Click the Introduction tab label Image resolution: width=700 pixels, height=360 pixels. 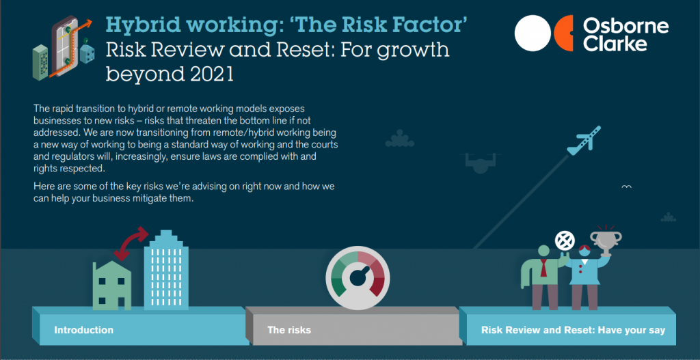[x=83, y=331]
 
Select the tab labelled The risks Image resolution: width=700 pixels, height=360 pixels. [x=289, y=331]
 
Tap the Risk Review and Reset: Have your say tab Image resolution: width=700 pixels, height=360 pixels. [x=573, y=331]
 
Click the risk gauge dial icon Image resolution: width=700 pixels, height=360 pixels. [x=358, y=277]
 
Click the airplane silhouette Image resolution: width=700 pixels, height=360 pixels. [x=584, y=140]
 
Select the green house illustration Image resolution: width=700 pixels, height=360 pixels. [x=112, y=286]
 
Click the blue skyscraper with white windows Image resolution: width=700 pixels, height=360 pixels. [x=165, y=270]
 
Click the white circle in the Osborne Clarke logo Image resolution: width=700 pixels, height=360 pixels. [x=533, y=33]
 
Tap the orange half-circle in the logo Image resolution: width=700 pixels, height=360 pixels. [x=563, y=33]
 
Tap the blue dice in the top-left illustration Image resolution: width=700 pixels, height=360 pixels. [x=87, y=54]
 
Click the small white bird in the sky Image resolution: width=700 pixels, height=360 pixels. [x=626, y=186]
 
